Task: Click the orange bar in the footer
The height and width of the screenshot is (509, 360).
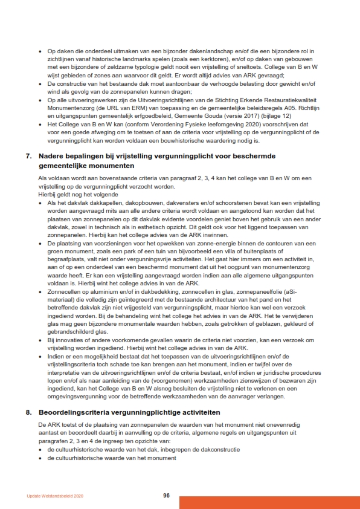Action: (x=269, y=502)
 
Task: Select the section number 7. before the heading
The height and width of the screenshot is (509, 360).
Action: (x=29, y=156)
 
